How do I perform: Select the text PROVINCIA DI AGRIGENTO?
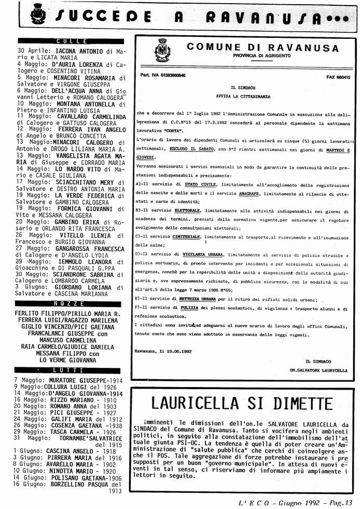click(x=262, y=56)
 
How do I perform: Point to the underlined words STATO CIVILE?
click(x=187, y=185)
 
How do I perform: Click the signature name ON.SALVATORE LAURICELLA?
click(x=319, y=370)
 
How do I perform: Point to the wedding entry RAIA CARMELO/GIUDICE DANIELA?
click(x=67, y=345)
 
